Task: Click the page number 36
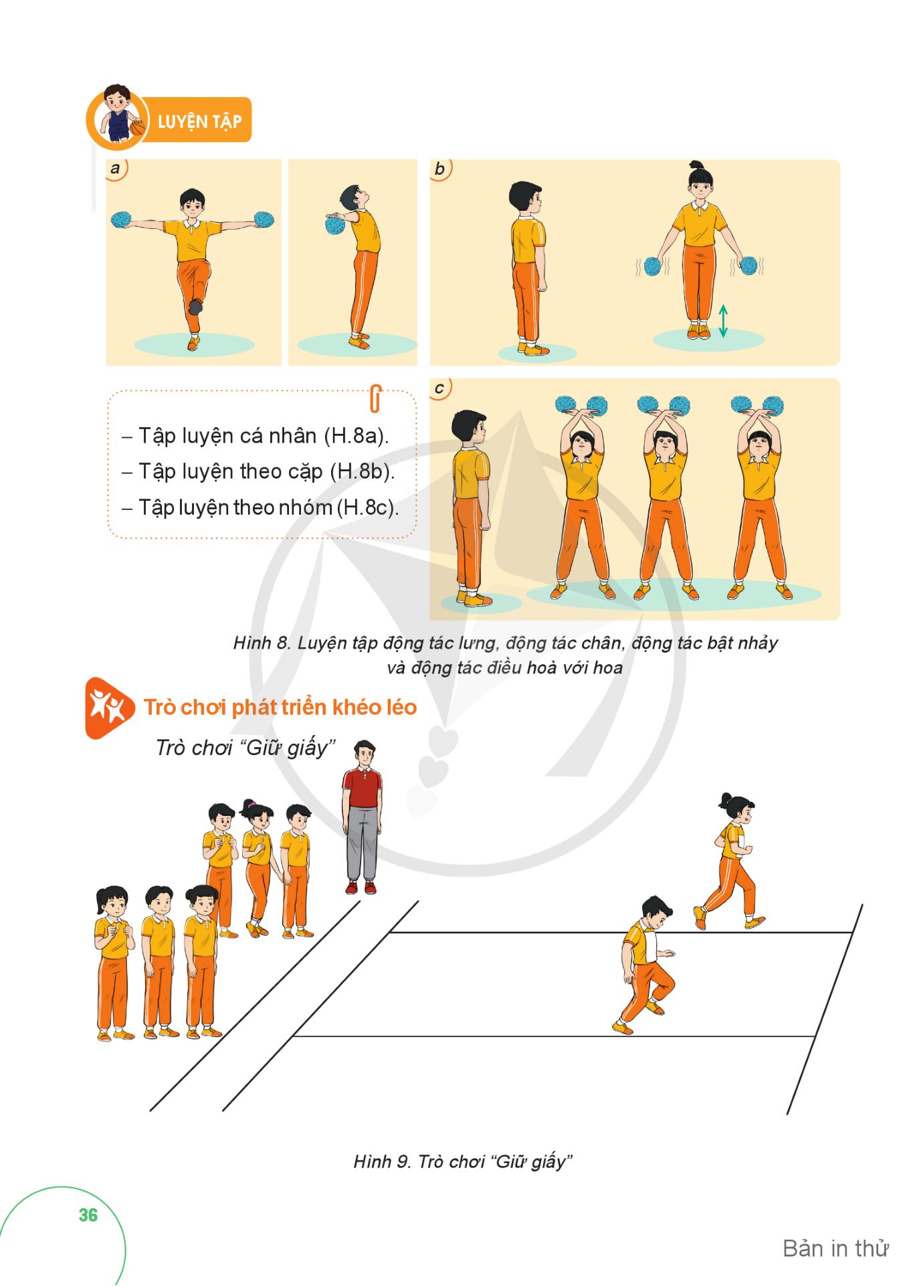pyautogui.click(x=88, y=1215)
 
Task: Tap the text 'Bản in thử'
pyautogui.click(x=835, y=1249)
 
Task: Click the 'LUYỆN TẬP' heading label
pyautogui.click(x=199, y=121)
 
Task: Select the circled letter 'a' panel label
pyautogui.click(x=116, y=169)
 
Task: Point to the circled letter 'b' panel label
pyautogui.click(x=440, y=169)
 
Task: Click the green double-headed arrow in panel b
pyautogui.click(x=723, y=321)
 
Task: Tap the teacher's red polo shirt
pyautogui.click(x=362, y=788)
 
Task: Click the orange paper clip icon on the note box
pyautogui.click(x=375, y=398)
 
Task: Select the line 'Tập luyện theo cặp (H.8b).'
pyautogui.click(x=267, y=472)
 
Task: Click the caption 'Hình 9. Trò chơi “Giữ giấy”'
pyautogui.click(x=463, y=1161)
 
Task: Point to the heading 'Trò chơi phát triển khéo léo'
pyautogui.click(x=280, y=708)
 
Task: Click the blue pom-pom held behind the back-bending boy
pyautogui.click(x=335, y=224)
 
